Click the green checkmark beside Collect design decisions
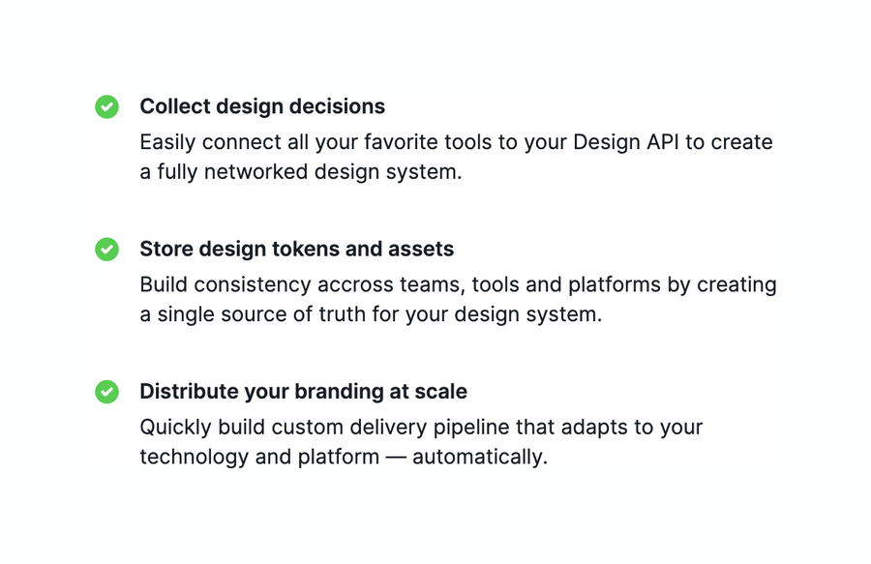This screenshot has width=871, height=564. (x=106, y=106)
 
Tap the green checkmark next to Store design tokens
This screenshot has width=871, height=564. (x=106, y=250)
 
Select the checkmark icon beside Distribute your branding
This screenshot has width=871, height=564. (x=106, y=392)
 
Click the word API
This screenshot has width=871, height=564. (x=663, y=142)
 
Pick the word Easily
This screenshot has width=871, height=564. (x=167, y=142)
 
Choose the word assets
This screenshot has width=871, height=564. (x=422, y=249)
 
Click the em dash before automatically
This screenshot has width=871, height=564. (x=396, y=457)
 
